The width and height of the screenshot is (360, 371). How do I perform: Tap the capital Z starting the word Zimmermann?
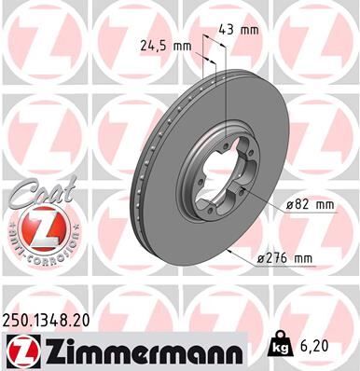coord(55,351)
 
